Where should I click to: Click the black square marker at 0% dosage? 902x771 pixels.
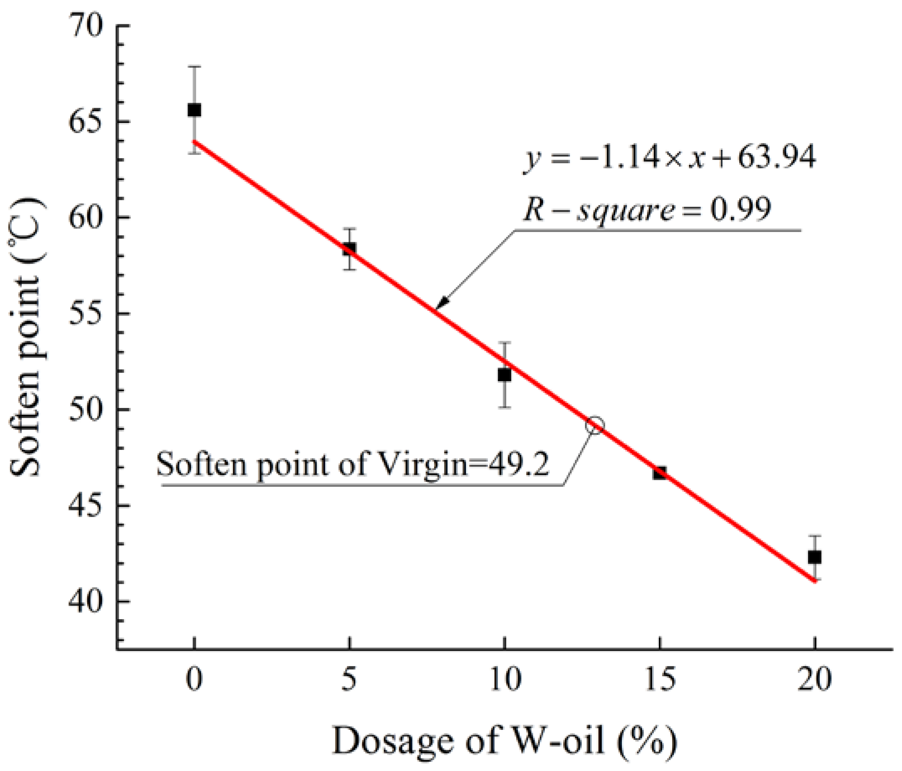click(194, 110)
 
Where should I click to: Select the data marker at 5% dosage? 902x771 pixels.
click(349, 249)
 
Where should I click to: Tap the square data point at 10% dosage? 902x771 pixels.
click(504, 375)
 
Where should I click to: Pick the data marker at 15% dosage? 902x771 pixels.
click(660, 473)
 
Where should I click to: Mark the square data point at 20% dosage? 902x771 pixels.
click(814, 557)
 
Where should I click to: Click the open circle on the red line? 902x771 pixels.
click(595, 425)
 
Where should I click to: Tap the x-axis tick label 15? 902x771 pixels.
click(660, 679)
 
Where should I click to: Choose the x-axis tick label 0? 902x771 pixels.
click(194, 679)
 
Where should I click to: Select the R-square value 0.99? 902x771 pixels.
click(740, 209)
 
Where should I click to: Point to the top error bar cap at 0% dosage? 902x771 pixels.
click(194, 67)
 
